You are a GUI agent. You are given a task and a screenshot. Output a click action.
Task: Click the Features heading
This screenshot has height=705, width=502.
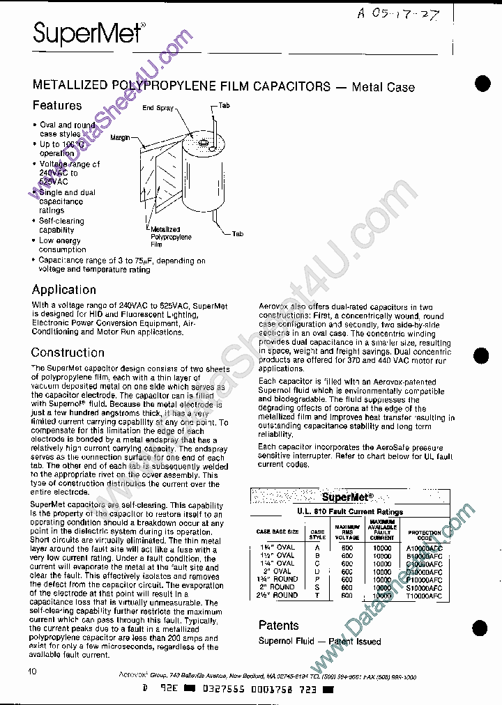click(57, 106)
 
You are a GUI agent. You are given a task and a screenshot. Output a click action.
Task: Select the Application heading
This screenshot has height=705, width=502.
click(64, 290)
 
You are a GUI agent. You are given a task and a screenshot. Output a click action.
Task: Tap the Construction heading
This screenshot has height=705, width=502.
click(68, 352)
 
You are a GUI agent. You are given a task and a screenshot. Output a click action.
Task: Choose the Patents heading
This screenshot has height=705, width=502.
click(278, 626)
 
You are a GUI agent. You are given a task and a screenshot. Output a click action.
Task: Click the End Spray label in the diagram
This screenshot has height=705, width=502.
click(158, 108)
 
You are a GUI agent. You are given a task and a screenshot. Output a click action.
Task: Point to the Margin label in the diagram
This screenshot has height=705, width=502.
click(120, 138)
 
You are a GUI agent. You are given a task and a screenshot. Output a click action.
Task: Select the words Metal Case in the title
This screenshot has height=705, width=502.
click(383, 88)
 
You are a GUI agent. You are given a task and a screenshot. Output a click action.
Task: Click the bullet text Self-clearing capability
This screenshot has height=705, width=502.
click(61, 226)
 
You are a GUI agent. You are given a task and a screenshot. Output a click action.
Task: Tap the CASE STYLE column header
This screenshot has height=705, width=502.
click(317, 534)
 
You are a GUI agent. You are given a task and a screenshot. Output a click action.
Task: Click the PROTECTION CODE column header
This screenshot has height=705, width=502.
click(425, 534)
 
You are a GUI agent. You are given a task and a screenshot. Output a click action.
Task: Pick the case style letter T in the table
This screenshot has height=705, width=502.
click(317, 596)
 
